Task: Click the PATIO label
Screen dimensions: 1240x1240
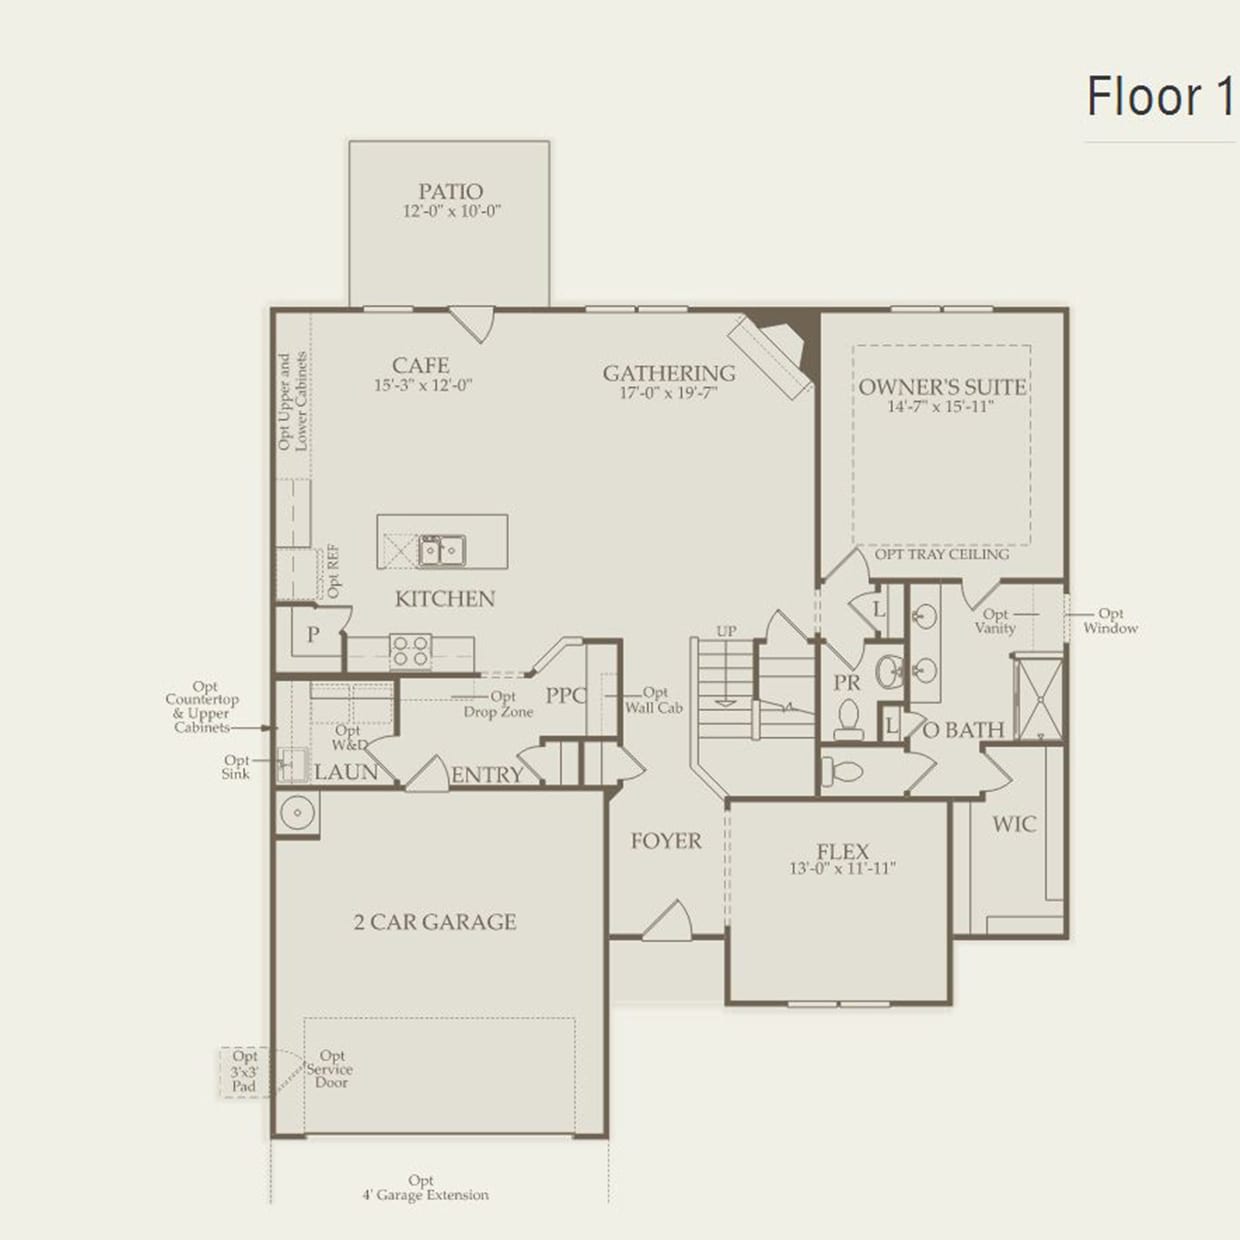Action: [x=450, y=191]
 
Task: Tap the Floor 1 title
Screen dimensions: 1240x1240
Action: [x=1159, y=97]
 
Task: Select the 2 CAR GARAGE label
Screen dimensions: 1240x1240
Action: [x=435, y=922]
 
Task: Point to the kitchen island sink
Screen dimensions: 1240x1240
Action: [x=441, y=549]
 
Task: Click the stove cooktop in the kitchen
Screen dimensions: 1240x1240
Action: [x=410, y=650]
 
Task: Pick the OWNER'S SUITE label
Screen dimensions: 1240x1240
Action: [x=942, y=387]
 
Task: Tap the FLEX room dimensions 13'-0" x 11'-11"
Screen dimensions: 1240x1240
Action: [x=842, y=869]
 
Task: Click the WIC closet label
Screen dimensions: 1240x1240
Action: [x=1014, y=824]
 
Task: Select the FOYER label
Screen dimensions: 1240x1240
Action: [x=666, y=841]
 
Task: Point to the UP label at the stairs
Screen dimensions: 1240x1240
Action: [x=726, y=631]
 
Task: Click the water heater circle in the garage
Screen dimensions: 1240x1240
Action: [x=297, y=812]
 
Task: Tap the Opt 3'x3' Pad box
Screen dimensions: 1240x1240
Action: [x=244, y=1071]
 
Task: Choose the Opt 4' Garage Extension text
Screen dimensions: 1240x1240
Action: [x=425, y=1188]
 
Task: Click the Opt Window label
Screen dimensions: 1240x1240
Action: [x=1110, y=621]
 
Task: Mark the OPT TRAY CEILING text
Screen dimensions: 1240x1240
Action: [x=941, y=554]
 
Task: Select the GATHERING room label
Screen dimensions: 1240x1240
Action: [x=668, y=373]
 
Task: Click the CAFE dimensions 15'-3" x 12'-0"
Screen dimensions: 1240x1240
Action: [x=423, y=385]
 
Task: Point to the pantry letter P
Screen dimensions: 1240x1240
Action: [x=313, y=634]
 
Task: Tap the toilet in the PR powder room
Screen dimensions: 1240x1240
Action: [x=848, y=718]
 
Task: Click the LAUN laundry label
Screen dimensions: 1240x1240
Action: [x=346, y=772]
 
